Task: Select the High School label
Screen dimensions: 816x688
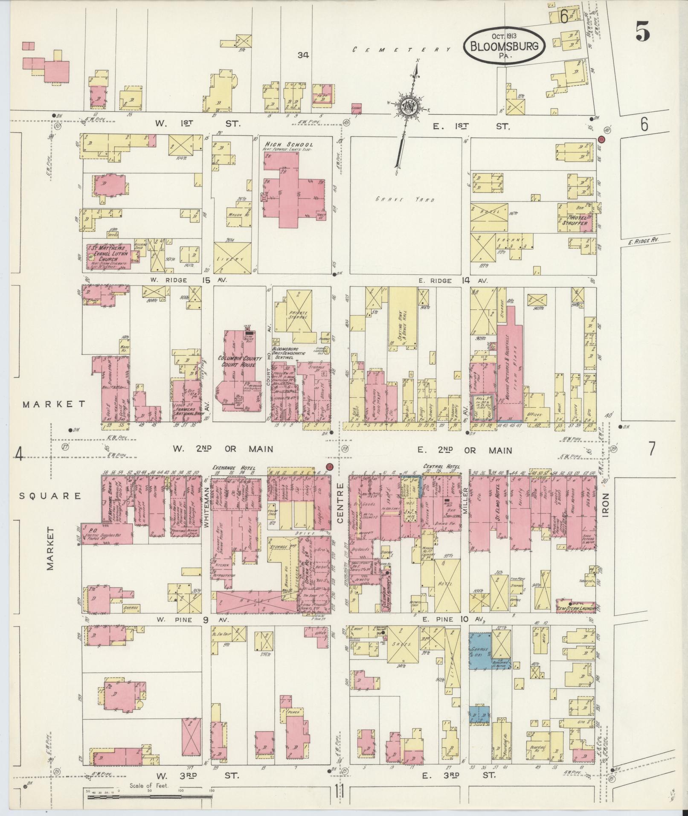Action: click(x=289, y=145)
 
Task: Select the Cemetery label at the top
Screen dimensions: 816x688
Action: click(x=401, y=50)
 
